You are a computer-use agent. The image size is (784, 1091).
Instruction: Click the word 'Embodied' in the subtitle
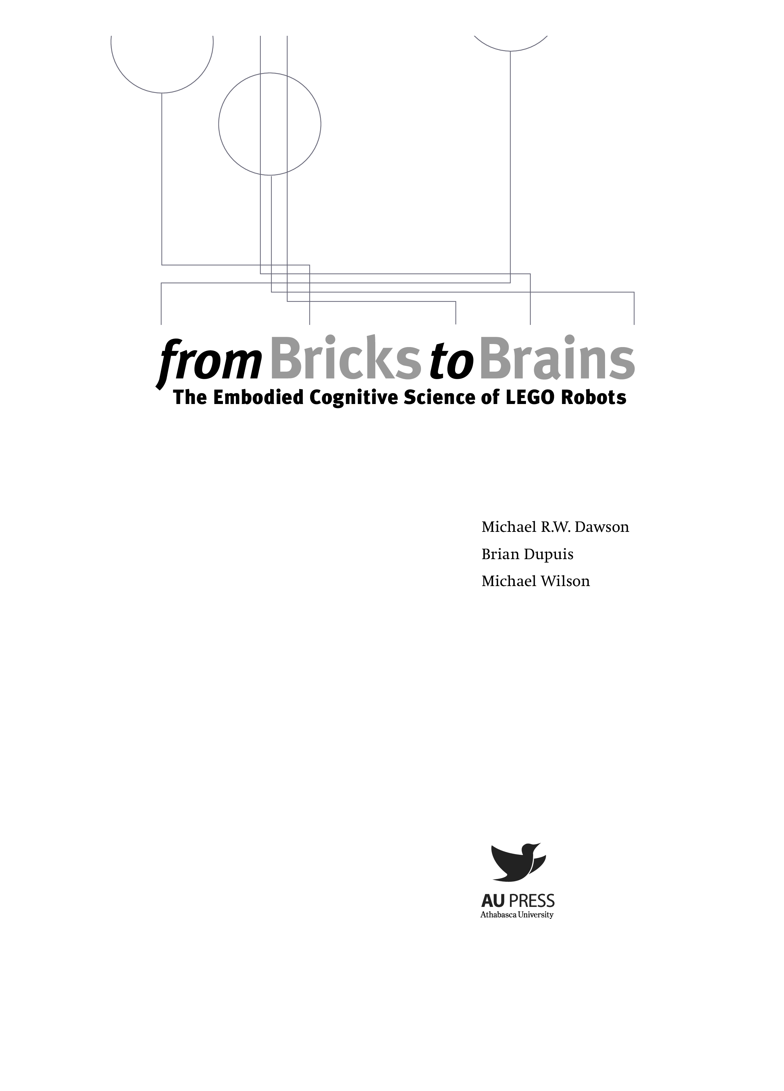click(x=257, y=397)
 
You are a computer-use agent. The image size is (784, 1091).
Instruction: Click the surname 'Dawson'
click(x=602, y=527)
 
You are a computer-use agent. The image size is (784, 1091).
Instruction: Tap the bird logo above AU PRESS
click(x=518, y=862)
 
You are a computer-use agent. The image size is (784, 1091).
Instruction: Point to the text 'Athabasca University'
click(x=517, y=914)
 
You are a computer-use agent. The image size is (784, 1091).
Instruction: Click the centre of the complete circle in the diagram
click(x=270, y=124)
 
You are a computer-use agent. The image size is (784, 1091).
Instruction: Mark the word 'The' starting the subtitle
click(x=190, y=397)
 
